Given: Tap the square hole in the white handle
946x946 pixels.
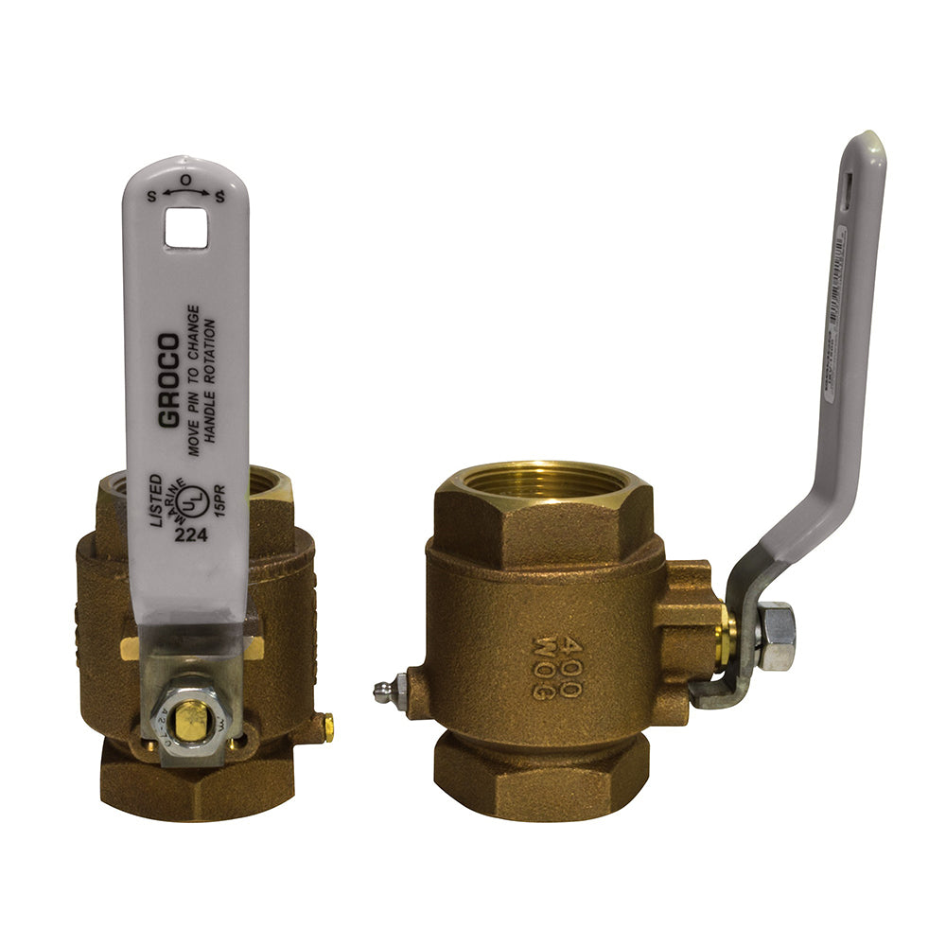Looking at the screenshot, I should (185, 228).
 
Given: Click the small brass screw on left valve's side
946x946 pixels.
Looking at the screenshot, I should (327, 727).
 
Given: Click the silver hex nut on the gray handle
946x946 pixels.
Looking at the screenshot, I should (776, 636).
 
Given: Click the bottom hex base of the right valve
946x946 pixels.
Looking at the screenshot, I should (540, 776).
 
